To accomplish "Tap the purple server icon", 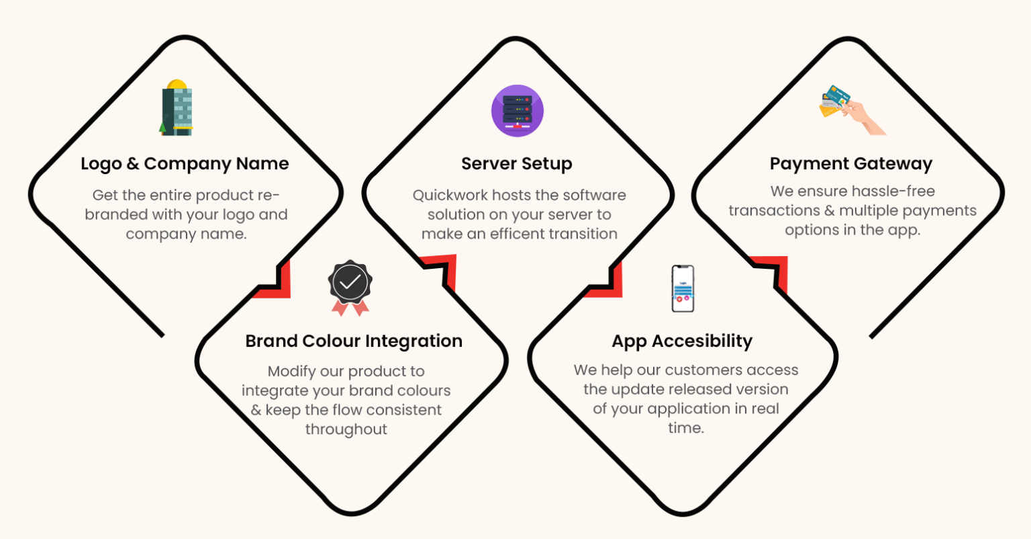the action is (518, 111).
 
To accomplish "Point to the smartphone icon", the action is (683, 288).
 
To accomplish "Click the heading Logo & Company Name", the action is (185, 163).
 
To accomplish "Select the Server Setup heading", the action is (516, 163).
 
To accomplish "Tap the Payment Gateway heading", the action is (851, 163).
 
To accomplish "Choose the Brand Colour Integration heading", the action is (354, 341).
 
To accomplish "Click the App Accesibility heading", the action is (682, 341).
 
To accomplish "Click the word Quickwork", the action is (450, 196).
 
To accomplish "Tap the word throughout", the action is (346, 429).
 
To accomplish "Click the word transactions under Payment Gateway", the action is (774, 210).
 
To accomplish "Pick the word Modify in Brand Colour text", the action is (291, 372).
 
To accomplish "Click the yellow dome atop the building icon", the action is (177, 84).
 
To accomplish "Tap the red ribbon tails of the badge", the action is (350, 308).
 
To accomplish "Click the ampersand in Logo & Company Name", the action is (132, 163).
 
